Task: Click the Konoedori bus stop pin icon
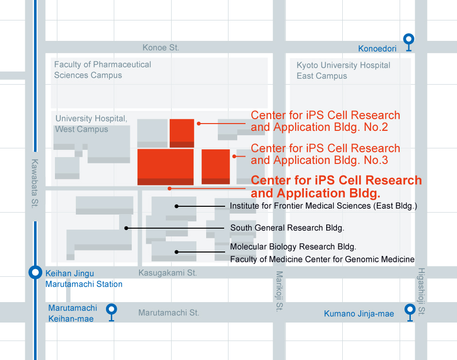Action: pos(409,39)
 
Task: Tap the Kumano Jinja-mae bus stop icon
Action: pos(409,310)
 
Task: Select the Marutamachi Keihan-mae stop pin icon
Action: pos(112,310)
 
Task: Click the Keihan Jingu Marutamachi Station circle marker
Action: pos(35,272)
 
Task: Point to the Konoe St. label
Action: pos(161,48)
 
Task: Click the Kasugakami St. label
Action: pos(168,273)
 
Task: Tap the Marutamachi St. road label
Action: pos(169,313)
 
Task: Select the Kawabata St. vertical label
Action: pos(35,184)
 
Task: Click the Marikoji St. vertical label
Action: pos(279,291)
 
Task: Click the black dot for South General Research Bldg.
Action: pos(126,228)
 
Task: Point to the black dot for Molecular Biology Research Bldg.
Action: pos(177,252)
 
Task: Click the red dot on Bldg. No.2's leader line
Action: pos(199,124)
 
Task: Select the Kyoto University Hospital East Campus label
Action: pos(343,71)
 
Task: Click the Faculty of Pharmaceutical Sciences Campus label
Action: pos(103,70)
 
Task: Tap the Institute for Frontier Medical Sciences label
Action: pos(323,206)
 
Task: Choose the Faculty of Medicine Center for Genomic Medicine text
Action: pos(322,259)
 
